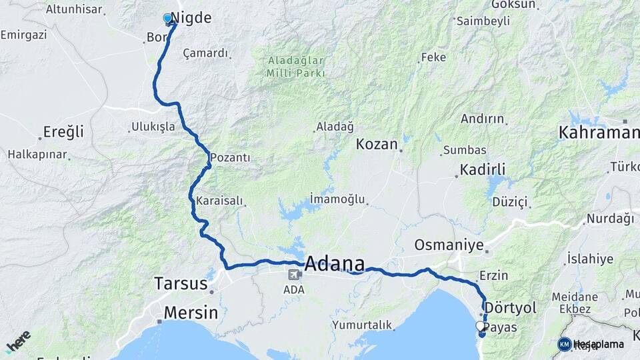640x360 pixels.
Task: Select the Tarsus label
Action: [x=181, y=283]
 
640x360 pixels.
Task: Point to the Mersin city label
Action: [x=191, y=313]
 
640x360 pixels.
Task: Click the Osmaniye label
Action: [x=449, y=245]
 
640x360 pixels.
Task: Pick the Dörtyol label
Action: [x=510, y=308]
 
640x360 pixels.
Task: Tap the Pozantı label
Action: [x=230, y=158]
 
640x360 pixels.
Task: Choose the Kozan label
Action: [x=377, y=144]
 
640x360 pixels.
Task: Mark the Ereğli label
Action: [x=63, y=131]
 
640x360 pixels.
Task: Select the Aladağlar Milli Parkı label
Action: [x=296, y=66]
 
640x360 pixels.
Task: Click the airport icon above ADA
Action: [x=294, y=275]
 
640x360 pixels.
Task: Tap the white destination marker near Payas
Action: [x=480, y=326]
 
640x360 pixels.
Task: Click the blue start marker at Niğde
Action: [x=168, y=19]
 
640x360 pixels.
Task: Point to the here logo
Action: [x=18, y=342]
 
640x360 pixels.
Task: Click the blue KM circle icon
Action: [x=564, y=344]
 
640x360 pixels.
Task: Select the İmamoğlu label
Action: [x=338, y=199]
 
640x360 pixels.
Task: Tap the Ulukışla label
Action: [x=153, y=127]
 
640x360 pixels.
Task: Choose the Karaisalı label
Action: [x=219, y=201]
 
